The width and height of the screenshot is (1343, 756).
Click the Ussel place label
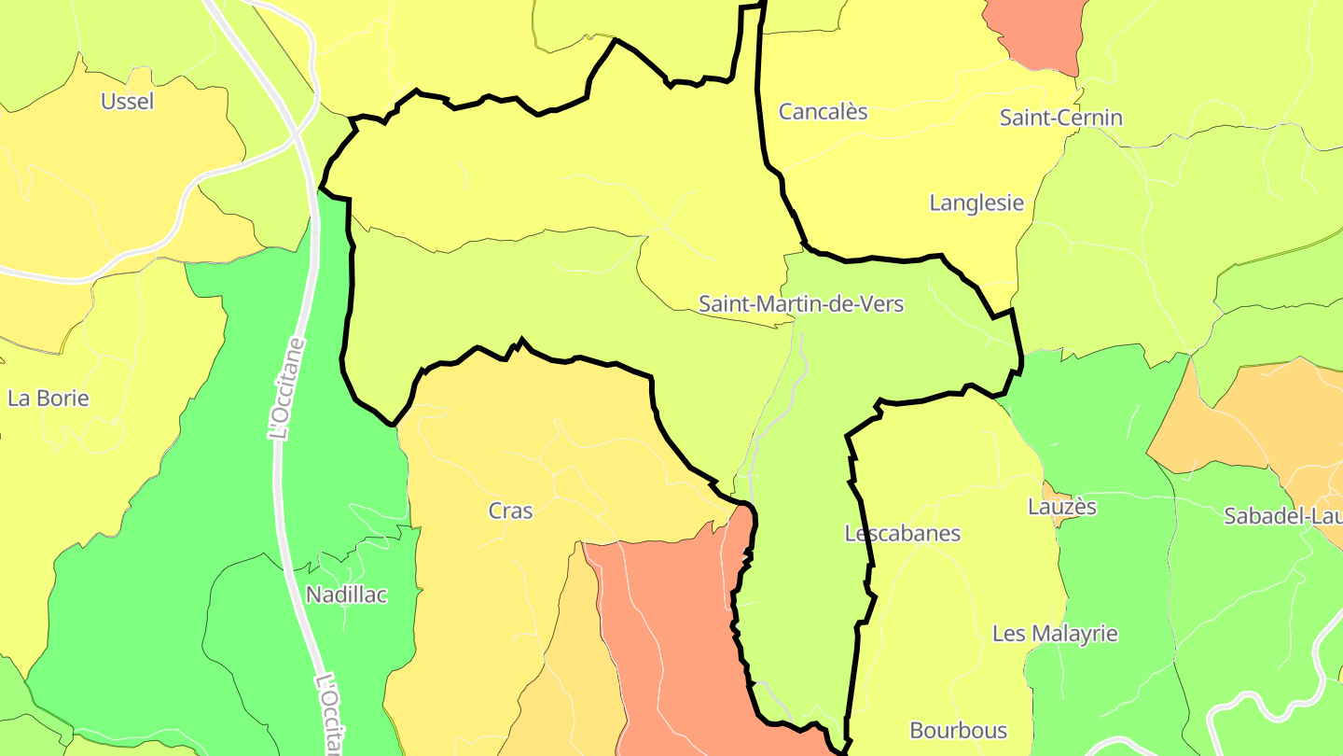pyautogui.click(x=128, y=102)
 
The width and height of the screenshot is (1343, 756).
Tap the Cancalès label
pyautogui.click(x=823, y=112)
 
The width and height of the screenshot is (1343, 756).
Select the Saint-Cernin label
pyautogui.click(x=1060, y=118)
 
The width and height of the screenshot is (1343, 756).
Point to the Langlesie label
pyautogui.click(x=976, y=203)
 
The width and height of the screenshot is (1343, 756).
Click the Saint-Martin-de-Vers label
pyautogui.click(x=801, y=303)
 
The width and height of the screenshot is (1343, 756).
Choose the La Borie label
pyautogui.click(x=48, y=399)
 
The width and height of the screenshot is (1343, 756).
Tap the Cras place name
pyautogui.click(x=510, y=511)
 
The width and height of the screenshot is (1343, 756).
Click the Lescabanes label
pyautogui.click(x=902, y=534)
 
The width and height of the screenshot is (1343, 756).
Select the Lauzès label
pyautogui.click(x=1061, y=507)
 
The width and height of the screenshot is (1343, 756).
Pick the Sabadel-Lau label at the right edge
pyautogui.click(x=1282, y=516)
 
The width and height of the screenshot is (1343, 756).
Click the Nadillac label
pyautogui.click(x=346, y=595)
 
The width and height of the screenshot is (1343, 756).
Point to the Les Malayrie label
pyautogui.click(x=1054, y=634)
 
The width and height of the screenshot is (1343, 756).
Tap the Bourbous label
pyautogui.click(x=958, y=730)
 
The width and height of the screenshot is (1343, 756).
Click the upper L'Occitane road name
pyautogui.click(x=286, y=388)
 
